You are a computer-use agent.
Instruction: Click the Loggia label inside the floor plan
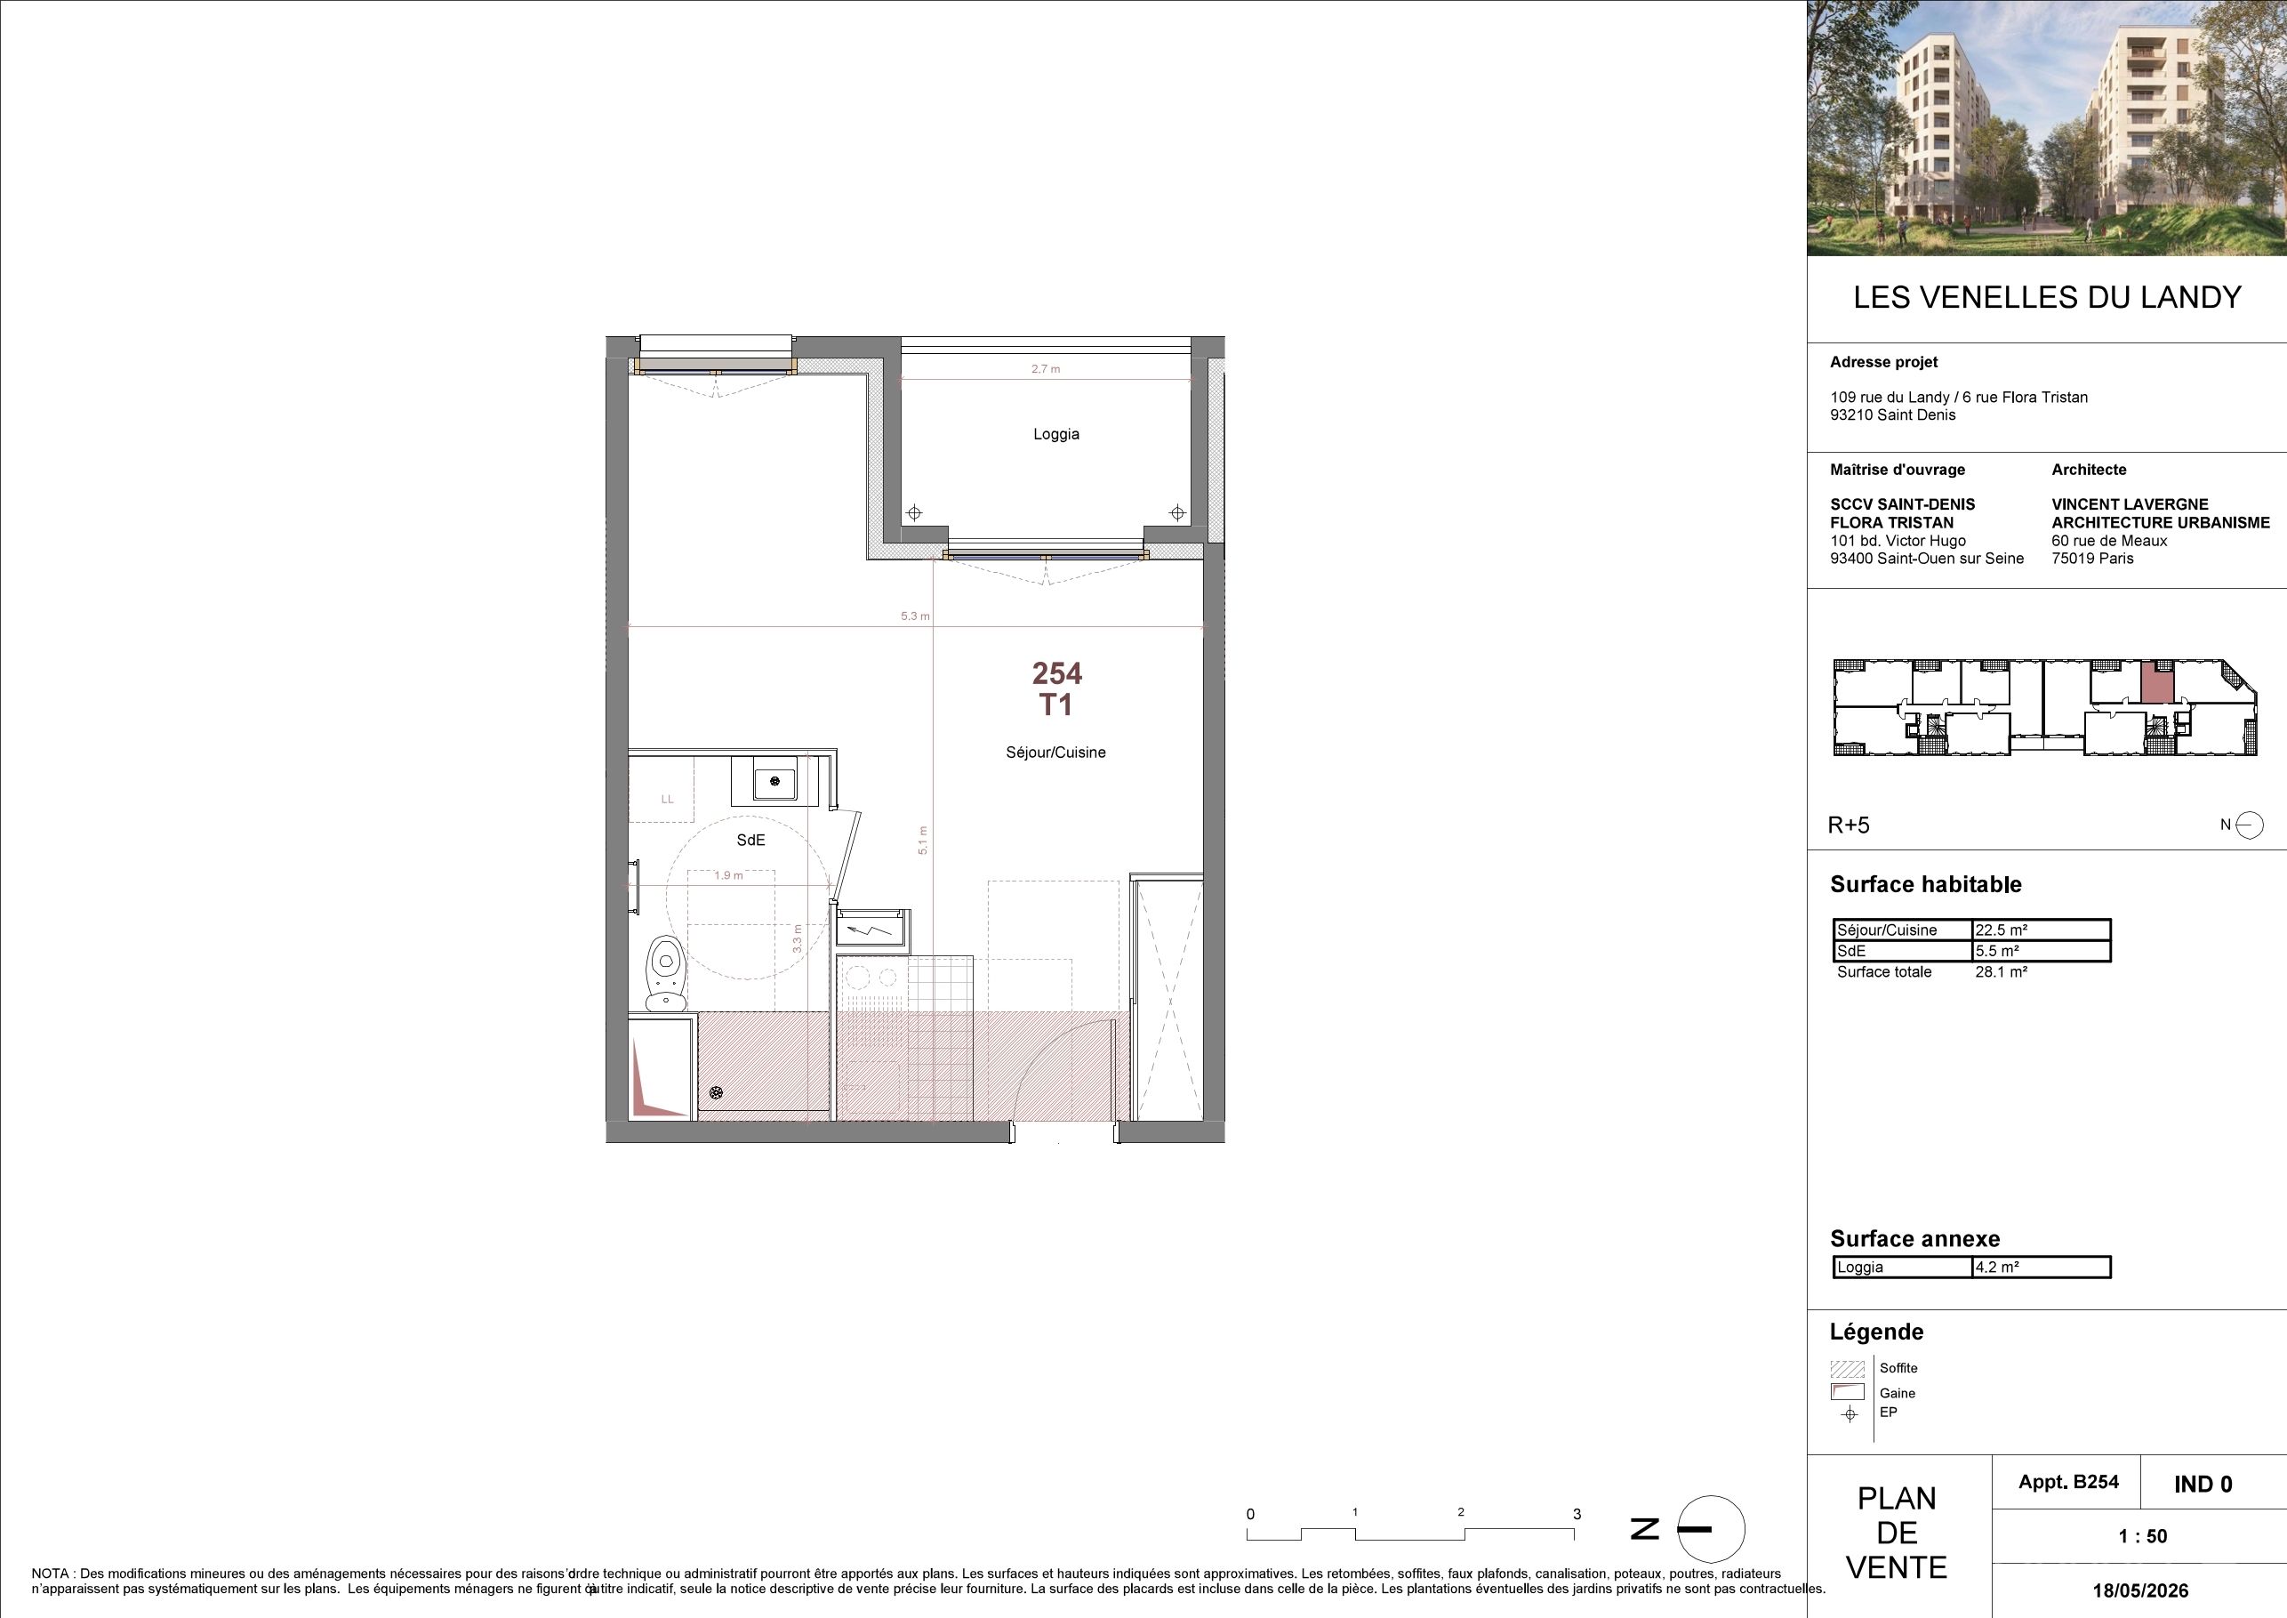click(x=1055, y=434)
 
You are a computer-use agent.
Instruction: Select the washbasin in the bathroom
click(x=775, y=781)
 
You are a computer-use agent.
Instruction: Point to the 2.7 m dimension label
click(x=1045, y=368)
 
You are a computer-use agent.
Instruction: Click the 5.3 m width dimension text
click(x=914, y=616)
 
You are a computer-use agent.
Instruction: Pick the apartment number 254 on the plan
click(x=1057, y=673)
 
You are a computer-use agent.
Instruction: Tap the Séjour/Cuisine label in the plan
click(x=1055, y=753)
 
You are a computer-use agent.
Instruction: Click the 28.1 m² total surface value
click(x=2001, y=971)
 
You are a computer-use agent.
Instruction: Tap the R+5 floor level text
click(x=1849, y=825)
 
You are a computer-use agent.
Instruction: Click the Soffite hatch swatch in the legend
click(x=1847, y=1368)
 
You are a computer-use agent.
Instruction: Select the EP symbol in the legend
click(x=1850, y=1413)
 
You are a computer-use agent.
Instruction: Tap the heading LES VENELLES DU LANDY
click(x=2047, y=297)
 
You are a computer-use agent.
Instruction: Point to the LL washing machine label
click(x=668, y=799)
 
